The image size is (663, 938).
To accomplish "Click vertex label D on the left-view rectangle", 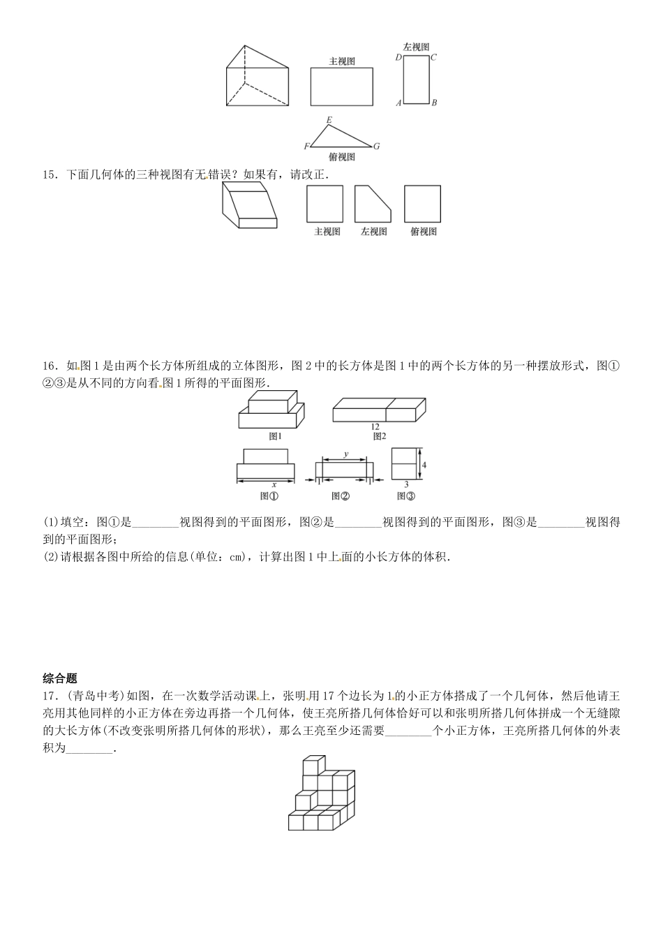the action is click(398, 57).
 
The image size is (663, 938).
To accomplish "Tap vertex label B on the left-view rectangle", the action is click(434, 103).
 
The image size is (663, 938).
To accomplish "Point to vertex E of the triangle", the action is click(329, 120).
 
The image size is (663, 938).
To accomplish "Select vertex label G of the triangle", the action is click(376, 146).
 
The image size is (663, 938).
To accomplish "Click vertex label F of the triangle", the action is click(306, 147).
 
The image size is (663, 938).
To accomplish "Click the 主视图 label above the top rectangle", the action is click(342, 61).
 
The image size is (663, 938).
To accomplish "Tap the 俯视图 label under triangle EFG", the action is click(341, 157).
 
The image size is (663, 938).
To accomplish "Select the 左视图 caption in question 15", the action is click(373, 232).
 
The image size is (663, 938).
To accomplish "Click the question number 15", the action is click(49, 175).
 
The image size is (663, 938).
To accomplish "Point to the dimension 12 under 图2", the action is click(375, 426).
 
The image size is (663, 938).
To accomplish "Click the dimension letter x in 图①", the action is click(274, 484).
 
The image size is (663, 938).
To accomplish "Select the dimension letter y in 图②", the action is click(345, 454).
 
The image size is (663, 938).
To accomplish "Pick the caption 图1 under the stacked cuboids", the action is click(275, 436).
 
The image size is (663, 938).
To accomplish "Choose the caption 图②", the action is click(341, 496).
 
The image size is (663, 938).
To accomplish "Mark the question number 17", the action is click(49, 695).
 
